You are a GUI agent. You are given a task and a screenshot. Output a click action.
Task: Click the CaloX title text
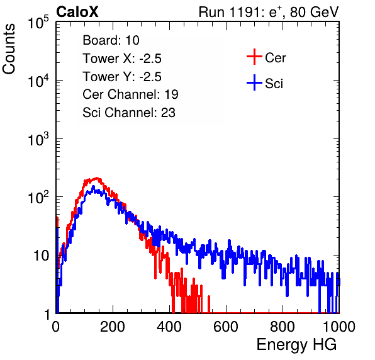77,12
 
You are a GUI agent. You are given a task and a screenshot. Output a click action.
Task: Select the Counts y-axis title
9,49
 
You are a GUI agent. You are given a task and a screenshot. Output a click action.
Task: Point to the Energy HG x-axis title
296,344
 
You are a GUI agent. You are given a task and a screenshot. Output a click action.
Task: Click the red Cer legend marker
254,57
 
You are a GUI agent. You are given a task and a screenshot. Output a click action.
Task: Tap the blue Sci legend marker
254,82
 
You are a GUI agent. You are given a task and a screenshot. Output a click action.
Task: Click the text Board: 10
111,40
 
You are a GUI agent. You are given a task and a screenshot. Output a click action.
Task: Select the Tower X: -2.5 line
122,59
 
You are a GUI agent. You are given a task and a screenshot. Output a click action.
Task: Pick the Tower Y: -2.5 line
122,77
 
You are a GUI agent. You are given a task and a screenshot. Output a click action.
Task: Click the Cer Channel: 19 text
130,94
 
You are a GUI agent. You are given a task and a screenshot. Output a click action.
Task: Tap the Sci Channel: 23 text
129,113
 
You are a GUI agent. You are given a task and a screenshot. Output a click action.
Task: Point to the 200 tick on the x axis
113,327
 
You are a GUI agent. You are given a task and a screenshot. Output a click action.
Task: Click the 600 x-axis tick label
226,327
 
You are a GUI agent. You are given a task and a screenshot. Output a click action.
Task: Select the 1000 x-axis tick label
339,327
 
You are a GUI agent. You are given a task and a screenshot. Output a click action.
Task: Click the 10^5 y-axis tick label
38,23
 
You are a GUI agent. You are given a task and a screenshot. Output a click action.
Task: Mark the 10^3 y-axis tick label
38,139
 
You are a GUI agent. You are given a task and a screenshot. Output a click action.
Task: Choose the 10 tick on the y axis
41,256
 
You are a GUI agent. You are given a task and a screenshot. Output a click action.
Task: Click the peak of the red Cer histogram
97,178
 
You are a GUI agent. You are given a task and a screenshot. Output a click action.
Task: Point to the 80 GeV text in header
314,12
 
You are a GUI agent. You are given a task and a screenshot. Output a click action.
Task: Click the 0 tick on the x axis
56,327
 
